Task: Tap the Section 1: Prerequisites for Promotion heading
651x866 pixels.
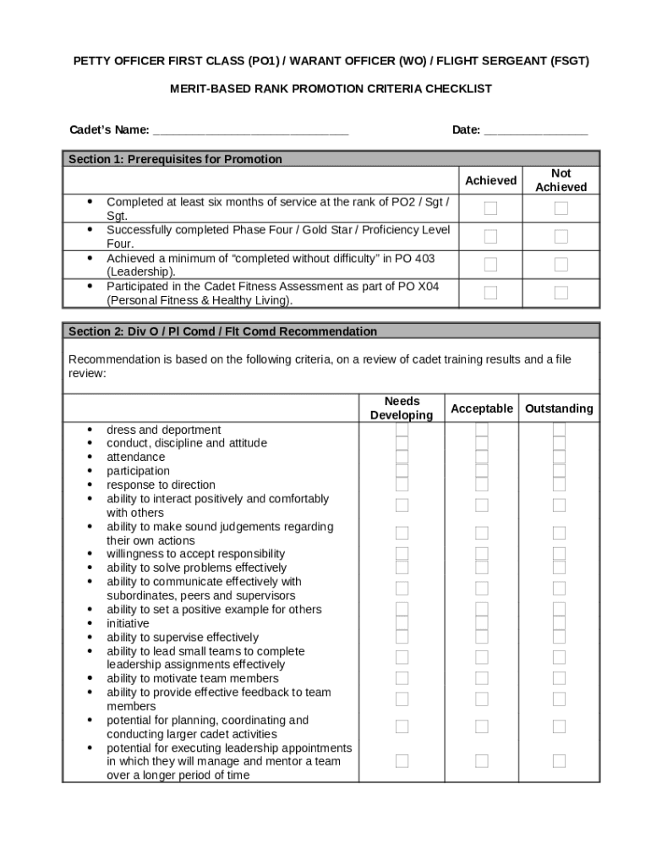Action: click(x=175, y=159)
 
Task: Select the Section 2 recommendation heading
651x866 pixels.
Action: click(x=222, y=332)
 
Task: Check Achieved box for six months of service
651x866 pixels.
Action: click(x=490, y=209)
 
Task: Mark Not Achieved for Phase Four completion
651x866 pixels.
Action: click(x=561, y=237)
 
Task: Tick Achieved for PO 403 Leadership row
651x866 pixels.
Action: click(x=490, y=265)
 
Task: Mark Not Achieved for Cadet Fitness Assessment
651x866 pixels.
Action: click(x=561, y=293)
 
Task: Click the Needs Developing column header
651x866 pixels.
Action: click(x=402, y=408)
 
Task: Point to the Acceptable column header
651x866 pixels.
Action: click(x=482, y=408)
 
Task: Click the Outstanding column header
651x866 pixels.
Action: click(x=559, y=408)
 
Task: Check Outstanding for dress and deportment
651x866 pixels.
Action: click(x=559, y=430)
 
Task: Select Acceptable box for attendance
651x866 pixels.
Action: click(x=482, y=458)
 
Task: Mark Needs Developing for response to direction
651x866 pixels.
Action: click(x=402, y=485)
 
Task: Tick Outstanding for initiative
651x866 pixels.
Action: click(x=559, y=623)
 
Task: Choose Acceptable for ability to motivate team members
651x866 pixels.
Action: click(x=482, y=678)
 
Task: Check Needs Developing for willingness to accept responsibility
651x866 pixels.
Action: click(x=402, y=554)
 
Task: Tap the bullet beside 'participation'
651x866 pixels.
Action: click(x=90, y=471)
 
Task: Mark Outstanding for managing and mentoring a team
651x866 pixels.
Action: click(x=559, y=761)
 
